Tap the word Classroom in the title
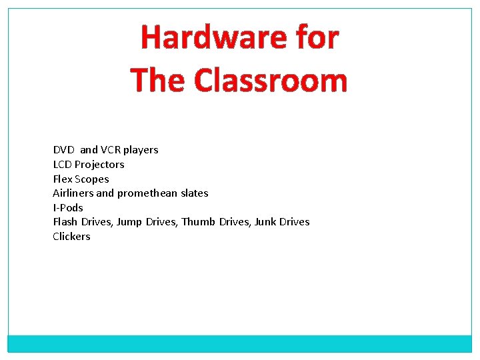coord(271,81)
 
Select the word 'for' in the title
coord(315,37)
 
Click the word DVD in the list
coord(64,150)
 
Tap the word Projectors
coord(99,165)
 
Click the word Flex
coord(63,179)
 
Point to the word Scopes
coord(92,179)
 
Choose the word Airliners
coord(73,193)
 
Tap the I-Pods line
coord(68,208)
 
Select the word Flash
coord(65,222)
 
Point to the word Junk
coord(266,222)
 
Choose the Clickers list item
coord(71,237)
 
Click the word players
coord(141,151)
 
